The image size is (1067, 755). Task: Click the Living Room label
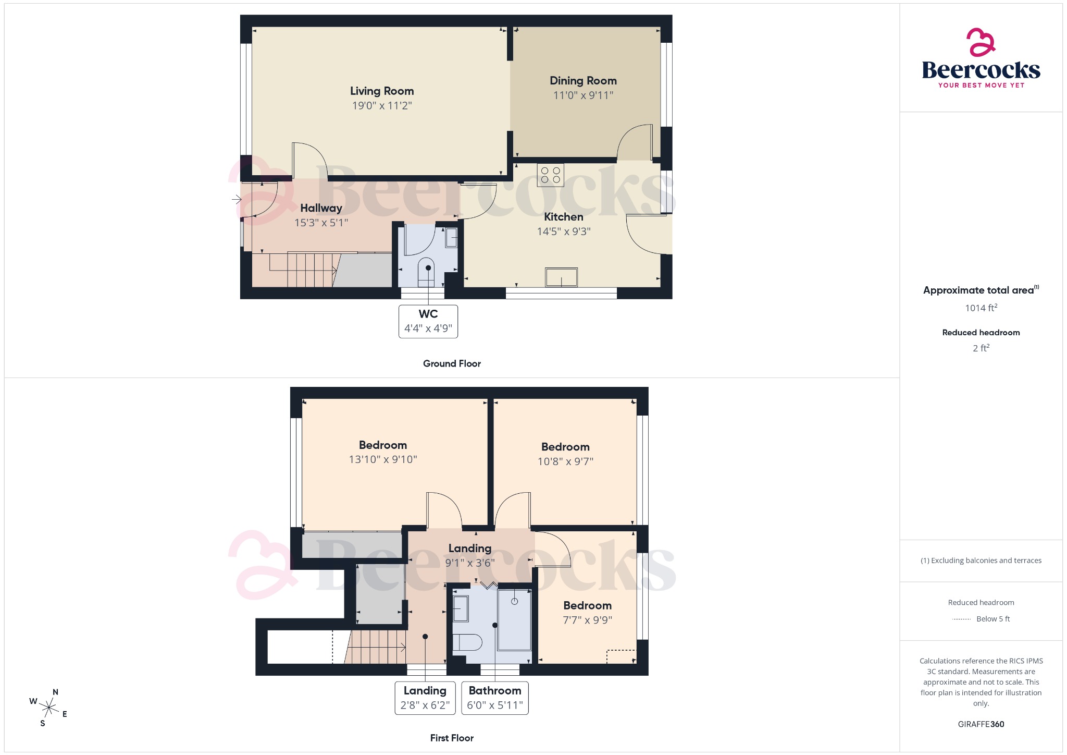pos(382,91)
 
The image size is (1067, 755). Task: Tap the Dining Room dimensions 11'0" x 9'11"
pos(583,95)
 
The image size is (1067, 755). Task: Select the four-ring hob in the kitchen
pos(551,175)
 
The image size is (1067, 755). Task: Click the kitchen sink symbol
pos(561,277)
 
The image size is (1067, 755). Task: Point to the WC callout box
pos(428,321)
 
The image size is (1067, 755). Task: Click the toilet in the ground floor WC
pos(426,272)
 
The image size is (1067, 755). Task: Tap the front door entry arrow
pos(237,199)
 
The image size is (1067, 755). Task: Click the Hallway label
pos(321,208)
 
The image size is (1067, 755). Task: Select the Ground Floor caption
pos(452,363)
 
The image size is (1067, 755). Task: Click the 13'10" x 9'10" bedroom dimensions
pos(383,459)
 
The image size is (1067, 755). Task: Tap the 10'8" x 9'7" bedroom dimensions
pos(565,461)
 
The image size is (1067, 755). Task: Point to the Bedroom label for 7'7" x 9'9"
pos(587,605)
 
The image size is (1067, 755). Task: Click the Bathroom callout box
pos(495,698)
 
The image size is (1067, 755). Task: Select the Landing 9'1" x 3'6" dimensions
pos(470,563)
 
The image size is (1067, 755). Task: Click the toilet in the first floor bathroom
pos(467,642)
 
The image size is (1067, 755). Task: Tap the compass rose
pos(49,708)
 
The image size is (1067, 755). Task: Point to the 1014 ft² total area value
pos(981,308)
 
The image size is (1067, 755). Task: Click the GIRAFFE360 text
pos(981,724)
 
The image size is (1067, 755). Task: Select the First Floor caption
pos(452,738)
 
